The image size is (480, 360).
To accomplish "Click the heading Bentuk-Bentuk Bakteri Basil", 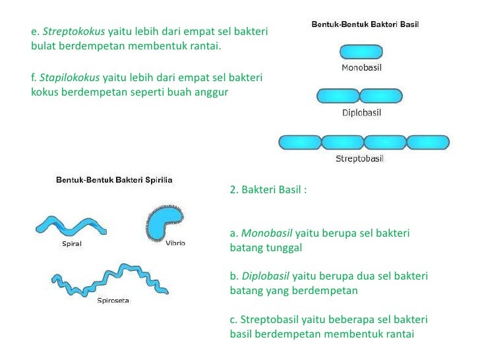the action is (x=365, y=25).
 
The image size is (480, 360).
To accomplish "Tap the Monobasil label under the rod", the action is (x=361, y=67).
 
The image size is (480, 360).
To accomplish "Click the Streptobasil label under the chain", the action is (x=360, y=158).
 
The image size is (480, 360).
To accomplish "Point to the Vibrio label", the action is (x=175, y=243).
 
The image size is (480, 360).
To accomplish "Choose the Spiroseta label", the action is (x=113, y=301).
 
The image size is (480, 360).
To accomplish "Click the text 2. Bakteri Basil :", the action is (x=268, y=191).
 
